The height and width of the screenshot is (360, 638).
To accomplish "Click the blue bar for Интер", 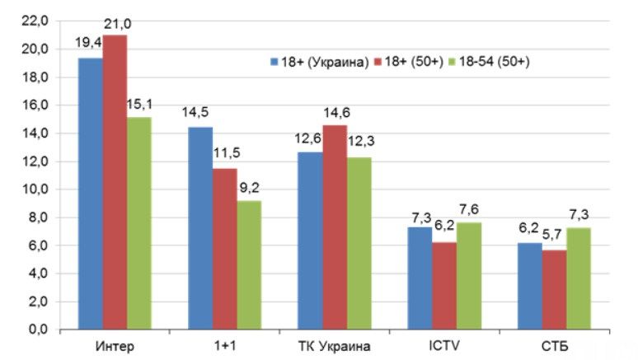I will pos(91,194).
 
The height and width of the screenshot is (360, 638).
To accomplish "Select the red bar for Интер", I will pos(115,182).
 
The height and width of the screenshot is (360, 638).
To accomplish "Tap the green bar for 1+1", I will pos(249,264).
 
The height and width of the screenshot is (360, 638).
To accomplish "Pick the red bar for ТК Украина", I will pos(334,227).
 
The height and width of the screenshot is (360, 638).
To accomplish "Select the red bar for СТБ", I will pos(553,289).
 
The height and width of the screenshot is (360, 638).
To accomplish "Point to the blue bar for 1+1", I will pos(200,227).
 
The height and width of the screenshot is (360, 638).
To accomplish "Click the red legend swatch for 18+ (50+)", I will pos(378,62).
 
